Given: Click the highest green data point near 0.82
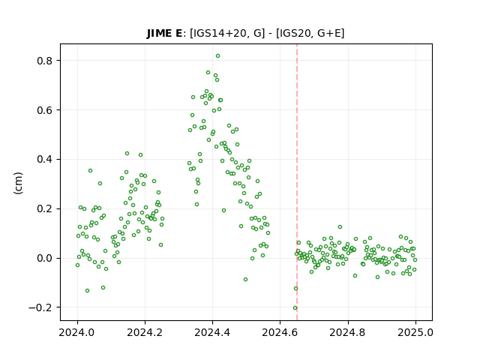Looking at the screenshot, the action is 217,56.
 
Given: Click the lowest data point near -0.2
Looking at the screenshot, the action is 295,308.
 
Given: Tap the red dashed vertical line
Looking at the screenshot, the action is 297,182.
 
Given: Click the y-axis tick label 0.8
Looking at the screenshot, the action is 45,61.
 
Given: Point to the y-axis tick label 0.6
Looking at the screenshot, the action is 45,110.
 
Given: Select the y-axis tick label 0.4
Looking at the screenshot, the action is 45,160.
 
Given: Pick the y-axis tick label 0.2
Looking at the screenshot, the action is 45,209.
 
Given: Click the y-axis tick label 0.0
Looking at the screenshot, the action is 45,258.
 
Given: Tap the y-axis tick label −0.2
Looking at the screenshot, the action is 40,307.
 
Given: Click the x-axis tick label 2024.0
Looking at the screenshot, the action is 77,332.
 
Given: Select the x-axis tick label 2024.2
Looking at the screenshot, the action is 145,332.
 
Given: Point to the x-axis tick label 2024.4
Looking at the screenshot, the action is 212,332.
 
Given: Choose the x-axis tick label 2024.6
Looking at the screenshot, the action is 280,332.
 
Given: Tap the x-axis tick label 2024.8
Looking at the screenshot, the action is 348,332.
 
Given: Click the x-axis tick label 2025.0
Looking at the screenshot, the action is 415,332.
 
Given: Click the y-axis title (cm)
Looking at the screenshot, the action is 18,183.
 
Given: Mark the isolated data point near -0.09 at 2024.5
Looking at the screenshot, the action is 245,280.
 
